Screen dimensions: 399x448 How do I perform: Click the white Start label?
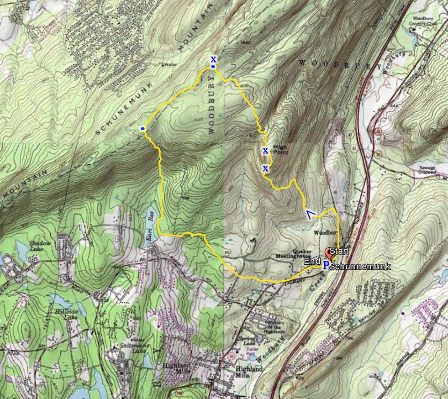click(339, 251)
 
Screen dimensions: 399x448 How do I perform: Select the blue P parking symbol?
click(326, 265)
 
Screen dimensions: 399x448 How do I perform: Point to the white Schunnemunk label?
click(359, 266)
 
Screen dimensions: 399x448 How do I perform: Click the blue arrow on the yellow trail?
click(311, 214)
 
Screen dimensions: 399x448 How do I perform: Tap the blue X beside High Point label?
click(265, 150)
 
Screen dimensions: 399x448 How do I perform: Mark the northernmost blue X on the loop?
click(213, 59)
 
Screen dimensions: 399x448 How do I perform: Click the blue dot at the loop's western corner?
click(143, 130)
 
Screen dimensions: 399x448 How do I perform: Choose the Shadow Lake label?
click(39, 245)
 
